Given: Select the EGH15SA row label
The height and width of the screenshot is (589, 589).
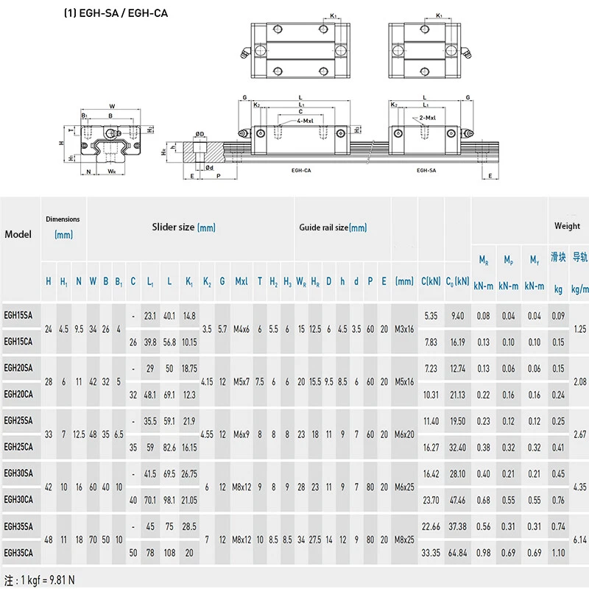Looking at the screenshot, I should (x=18, y=316).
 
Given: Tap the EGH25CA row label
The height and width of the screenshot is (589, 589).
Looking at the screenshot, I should (x=18, y=446).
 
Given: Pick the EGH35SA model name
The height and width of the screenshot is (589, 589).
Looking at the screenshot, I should (x=18, y=526).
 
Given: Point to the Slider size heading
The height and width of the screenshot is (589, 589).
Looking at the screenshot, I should (x=183, y=228).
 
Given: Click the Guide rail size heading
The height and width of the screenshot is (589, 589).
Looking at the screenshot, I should (x=333, y=228).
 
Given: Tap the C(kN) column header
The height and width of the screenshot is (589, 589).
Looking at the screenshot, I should (x=430, y=281).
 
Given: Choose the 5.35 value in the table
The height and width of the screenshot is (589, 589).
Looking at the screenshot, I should (x=430, y=316).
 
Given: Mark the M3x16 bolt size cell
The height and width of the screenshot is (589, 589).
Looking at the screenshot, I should (x=405, y=328).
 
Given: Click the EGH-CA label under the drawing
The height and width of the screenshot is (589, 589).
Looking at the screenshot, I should (x=300, y=170).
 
